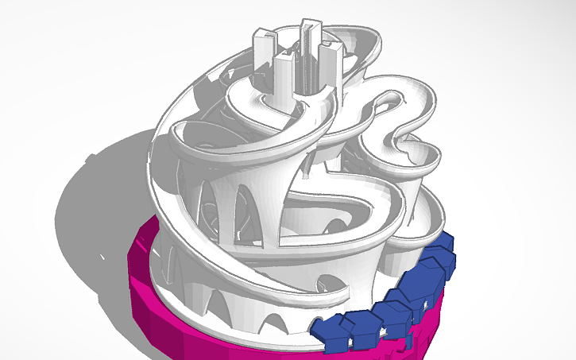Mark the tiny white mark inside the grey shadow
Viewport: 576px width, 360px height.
tap(102, 257)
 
